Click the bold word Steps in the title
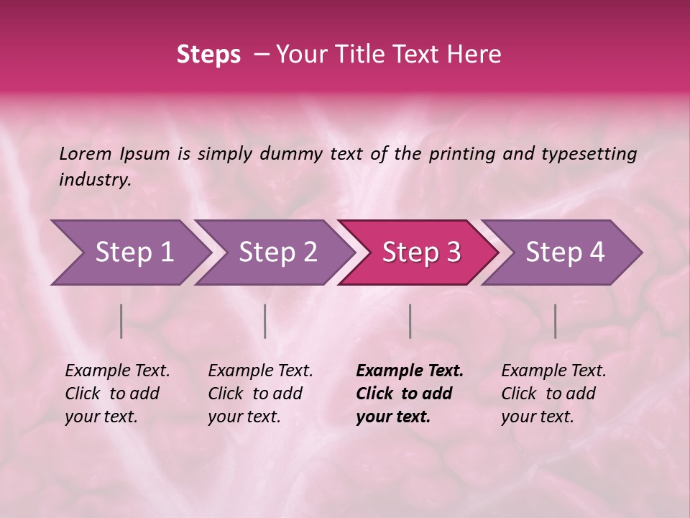click(208, 55)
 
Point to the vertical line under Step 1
click(121, 321)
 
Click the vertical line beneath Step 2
click(265, 321)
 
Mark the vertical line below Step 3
click(410, 321)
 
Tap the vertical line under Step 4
click(555, 321)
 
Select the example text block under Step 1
click(117, 393)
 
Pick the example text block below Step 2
click(260, 393)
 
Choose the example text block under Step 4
click(553, 393)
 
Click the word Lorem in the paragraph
click(86, 154)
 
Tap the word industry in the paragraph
click(94, 180)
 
